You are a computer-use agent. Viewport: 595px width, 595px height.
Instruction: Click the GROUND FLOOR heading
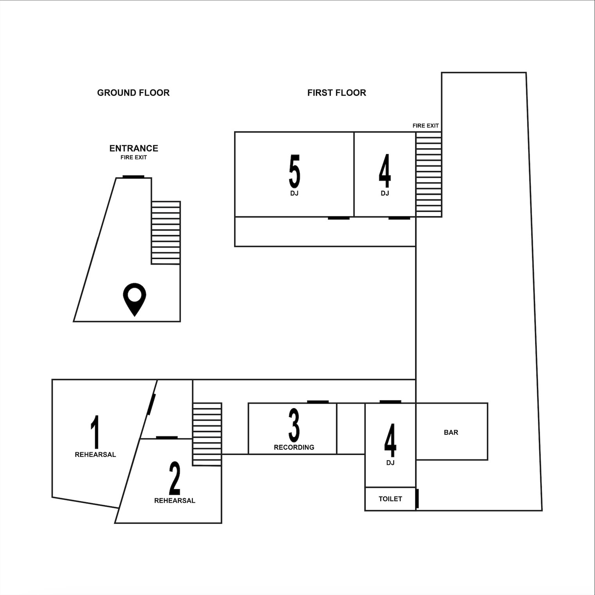[x=133, y=93]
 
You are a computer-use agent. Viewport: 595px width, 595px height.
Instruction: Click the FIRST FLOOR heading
[x=337, y=93]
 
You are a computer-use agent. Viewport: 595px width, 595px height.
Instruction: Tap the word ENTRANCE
[x=134, y=148]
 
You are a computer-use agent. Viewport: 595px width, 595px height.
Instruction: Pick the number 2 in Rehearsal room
[x=175, y=479]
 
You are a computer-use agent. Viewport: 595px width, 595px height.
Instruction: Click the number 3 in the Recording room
[x=294, y=426]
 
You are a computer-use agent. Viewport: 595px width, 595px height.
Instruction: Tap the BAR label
[x=451, y=432]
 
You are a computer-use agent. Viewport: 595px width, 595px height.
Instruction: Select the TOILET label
[x=390, y=499]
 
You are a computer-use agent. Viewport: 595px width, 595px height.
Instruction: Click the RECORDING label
[x=294, y=447]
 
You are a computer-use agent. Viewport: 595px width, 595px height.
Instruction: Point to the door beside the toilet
[x=418, y=498]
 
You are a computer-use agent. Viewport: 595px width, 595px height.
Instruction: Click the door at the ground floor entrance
[x=133, y=177]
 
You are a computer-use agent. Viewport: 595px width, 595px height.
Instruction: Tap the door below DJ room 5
[x=339, y=218]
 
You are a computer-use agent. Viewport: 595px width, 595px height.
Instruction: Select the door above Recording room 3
[x=318, y=401]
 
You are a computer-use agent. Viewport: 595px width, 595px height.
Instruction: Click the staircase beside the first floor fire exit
[x=429, y=174]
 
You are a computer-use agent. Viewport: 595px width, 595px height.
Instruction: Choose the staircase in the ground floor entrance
[x=166, y=233]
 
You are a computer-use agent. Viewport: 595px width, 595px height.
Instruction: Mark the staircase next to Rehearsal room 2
[x=207, y=434]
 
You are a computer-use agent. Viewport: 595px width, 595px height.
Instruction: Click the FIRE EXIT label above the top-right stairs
[x=425, y=126]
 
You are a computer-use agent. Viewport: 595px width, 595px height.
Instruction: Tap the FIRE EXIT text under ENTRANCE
[x=134, y=158]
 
